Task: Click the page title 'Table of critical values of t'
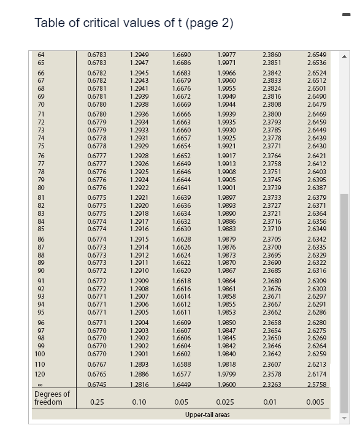coord(134,23)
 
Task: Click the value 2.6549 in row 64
coord(316,55)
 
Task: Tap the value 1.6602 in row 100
coord(182,354)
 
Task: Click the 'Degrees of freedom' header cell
coord(52,398)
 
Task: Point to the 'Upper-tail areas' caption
coord(207,415)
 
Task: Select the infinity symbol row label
coord(40,384)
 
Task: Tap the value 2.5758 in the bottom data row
coord(316,384)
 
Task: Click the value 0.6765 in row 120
coord(96,373)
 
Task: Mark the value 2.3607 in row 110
coord(272,364)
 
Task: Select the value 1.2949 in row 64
coord(139,55)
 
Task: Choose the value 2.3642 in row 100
coord(272,354)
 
